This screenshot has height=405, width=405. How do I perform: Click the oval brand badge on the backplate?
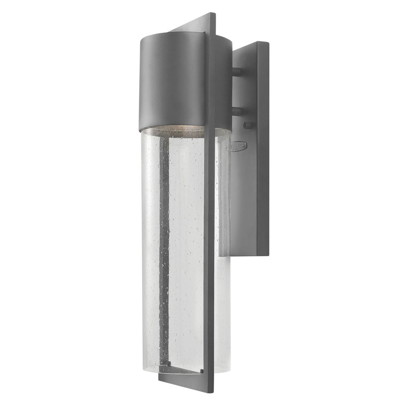point(238,146)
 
